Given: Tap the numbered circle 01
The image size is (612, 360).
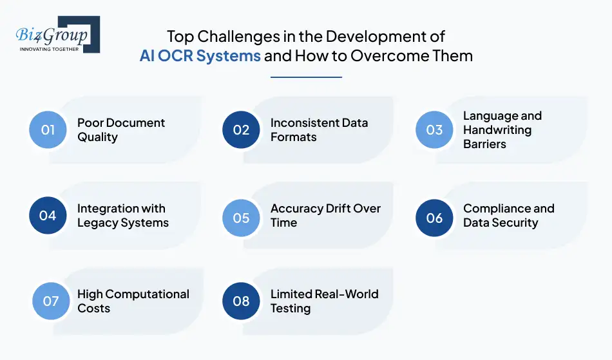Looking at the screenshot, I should coord(48,130).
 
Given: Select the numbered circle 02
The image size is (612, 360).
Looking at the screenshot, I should coord(241,130).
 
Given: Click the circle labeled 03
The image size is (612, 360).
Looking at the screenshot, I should coord(434,130).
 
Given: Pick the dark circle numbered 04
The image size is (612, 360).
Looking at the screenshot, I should coord(48,216).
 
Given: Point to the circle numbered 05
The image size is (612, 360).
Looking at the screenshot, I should coord(241,217).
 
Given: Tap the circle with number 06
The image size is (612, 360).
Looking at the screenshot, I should coord(434,217).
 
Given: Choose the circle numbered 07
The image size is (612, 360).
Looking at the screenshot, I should coord(51,301).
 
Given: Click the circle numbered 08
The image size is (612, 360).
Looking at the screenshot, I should coord(241,301).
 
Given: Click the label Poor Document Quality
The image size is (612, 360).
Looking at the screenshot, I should coord(120,129).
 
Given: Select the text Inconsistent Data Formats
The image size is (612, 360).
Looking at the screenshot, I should coord(319,129).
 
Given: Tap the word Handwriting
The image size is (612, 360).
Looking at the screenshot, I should coord(497,130).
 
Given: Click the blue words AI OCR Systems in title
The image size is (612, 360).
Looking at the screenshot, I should coord(200,55).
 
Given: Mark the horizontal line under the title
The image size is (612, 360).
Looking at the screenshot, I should coord(306,77).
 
